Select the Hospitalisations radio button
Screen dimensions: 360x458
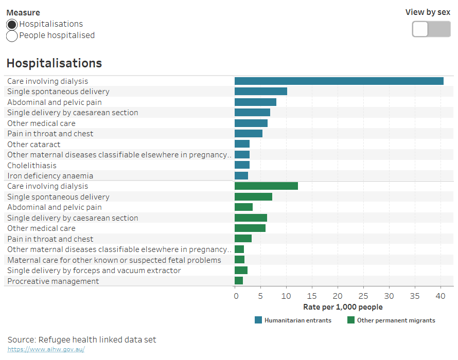12,24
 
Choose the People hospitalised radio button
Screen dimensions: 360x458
12,36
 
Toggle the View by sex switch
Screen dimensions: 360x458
431,29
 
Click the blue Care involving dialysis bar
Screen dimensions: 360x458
339,81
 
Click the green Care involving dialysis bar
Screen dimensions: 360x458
266,186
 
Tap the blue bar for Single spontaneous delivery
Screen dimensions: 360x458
260,92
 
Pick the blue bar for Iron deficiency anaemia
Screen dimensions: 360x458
241,176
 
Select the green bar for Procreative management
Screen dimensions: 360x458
239,281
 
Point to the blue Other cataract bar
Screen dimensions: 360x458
242,144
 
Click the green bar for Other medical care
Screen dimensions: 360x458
250,228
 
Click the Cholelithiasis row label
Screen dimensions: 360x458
32,166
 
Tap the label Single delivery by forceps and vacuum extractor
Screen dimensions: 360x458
94,271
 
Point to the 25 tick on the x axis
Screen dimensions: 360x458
363,296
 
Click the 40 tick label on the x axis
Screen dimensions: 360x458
441,296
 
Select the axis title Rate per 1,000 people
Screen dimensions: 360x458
343,307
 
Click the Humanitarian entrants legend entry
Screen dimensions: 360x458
293,320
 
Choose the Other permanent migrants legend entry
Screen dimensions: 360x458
391,320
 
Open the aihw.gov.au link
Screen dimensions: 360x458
46,349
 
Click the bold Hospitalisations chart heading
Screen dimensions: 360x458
54,63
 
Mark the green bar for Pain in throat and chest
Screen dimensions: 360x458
243,239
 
